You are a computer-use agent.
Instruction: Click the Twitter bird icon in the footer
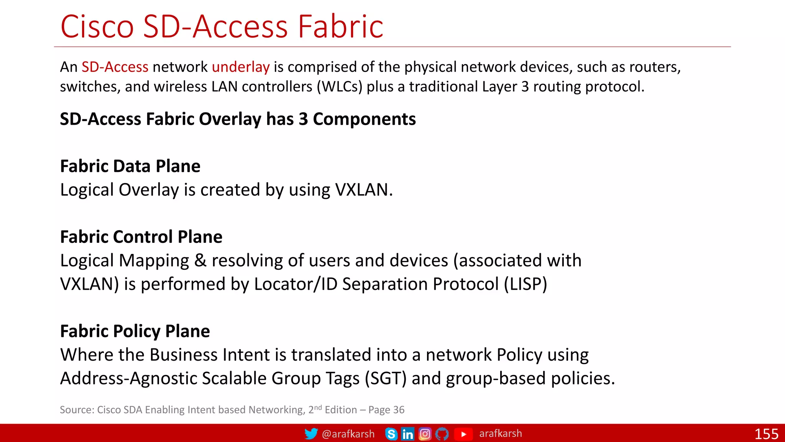tap(311, 434)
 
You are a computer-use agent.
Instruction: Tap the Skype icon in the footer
tap(391, 434)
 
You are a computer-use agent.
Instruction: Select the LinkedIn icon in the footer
tap(407, 434)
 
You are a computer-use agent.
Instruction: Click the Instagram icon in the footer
tap(425, 434)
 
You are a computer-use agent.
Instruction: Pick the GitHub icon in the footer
tap(442, 434)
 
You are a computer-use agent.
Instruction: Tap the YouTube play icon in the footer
tap(463, 434)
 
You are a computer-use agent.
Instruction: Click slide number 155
tap(766, 434)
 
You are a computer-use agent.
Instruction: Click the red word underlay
tap(241, 67)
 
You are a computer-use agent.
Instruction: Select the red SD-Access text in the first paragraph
tap(115, 67)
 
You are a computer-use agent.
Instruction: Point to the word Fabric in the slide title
tap(340, 27)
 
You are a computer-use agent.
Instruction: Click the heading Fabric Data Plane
tap(130, 166)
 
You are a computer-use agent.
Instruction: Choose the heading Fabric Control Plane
tap(141, 237)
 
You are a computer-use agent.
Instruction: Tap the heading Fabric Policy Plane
tap(135, 331)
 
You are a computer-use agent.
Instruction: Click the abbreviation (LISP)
tap(525, 284)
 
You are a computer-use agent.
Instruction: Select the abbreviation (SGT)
tap(385, 379)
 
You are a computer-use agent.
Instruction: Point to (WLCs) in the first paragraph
tap(339, 87)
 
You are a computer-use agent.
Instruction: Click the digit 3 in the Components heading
tap(303, 119)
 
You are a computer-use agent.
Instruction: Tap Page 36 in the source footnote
tap(386, 410)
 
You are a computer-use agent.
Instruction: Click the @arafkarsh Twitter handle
tap(348, 434)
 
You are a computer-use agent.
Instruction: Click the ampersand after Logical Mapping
tap(200, 261)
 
